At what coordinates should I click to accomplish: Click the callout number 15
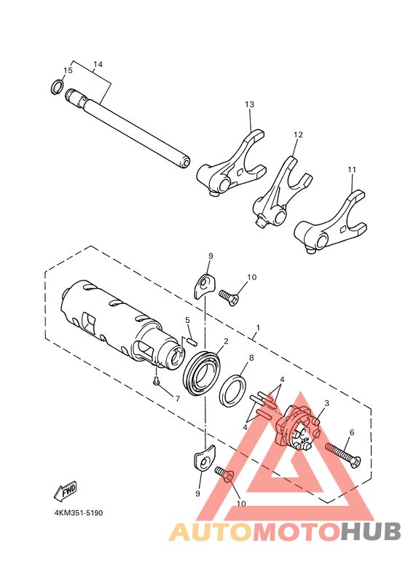tap(68, 71)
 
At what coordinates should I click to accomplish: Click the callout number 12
tap(298, 136)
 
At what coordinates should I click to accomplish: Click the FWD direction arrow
tap(65, 490)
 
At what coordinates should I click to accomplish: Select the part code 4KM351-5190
tap(78, 513)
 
